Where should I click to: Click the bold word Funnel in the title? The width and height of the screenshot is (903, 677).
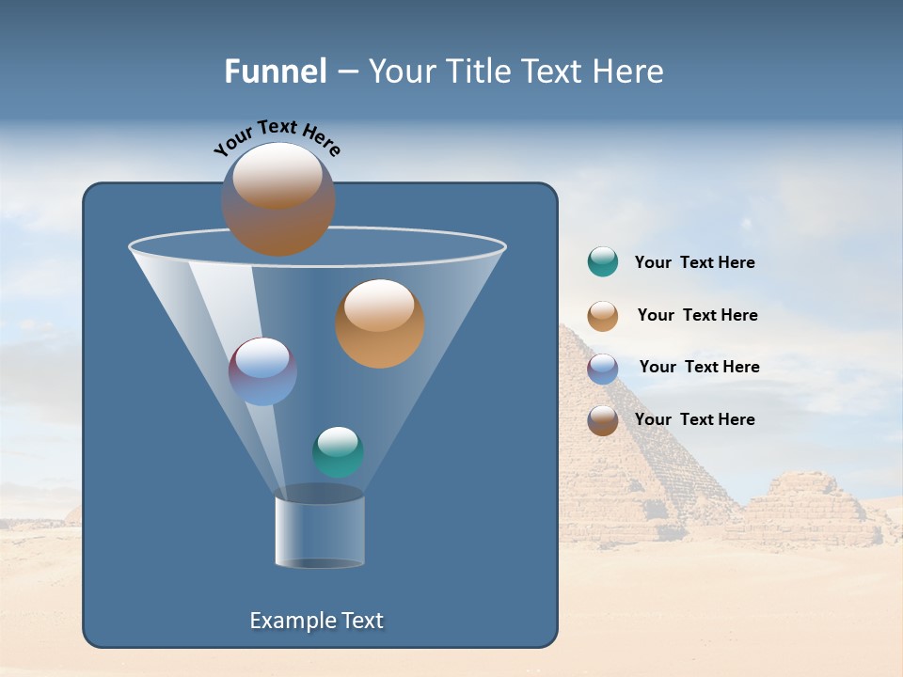[275, 71]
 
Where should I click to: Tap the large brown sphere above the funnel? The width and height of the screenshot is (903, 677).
[277, 199]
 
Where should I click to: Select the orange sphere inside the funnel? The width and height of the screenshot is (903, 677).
[379, 323]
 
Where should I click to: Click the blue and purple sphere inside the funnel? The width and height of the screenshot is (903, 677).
[262, 371]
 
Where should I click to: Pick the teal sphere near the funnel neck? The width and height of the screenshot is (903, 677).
[338, 451]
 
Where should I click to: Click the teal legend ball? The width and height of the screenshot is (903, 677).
[603, 261]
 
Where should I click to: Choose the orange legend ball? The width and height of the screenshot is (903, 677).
[603, 315]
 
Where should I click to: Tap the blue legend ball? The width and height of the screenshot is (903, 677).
[603, 368]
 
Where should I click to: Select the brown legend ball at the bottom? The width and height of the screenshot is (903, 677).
[603, 420]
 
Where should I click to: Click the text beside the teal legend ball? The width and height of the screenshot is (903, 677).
[694, 263]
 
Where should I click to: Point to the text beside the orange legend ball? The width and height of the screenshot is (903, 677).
[697, 316]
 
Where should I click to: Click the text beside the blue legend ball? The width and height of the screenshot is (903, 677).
[699, 368]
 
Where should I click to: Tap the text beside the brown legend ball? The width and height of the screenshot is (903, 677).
[694, 420]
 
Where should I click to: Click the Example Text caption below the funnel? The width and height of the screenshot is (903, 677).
[316, 621]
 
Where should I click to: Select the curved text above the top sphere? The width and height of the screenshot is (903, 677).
[277, 137]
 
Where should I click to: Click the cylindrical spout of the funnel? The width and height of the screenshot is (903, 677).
[319, 532]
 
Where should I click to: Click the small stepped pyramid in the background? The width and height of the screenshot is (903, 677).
[809, 508]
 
